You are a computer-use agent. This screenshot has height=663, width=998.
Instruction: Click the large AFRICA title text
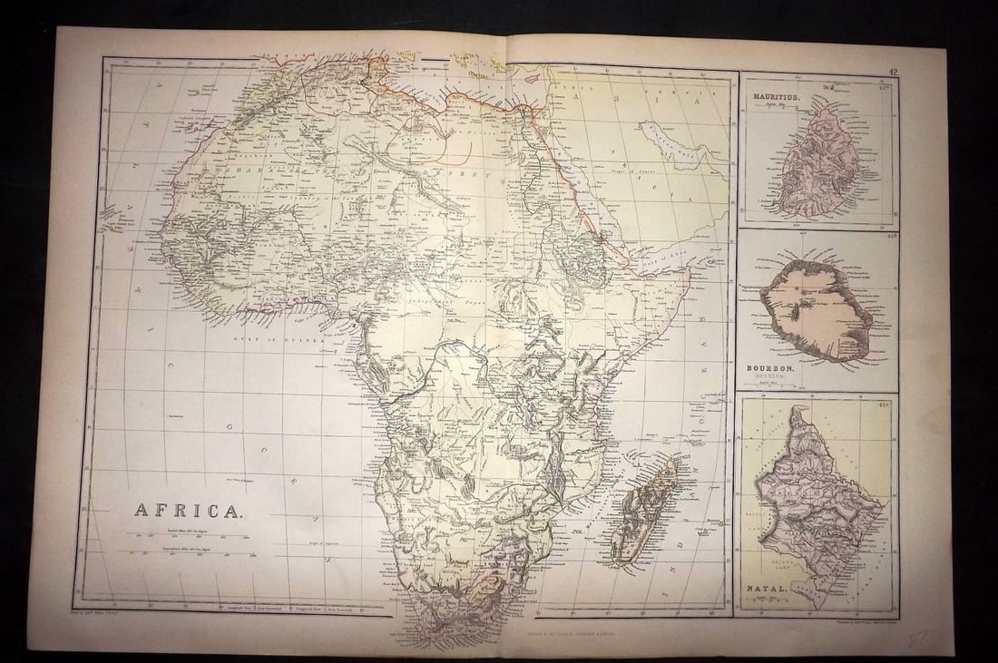pos(188,510)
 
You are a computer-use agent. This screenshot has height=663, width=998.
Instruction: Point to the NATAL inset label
pos(768,590)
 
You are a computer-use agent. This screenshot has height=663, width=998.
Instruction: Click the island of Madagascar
pos(644,512)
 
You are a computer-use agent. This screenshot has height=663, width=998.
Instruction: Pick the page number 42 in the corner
pos(893,70)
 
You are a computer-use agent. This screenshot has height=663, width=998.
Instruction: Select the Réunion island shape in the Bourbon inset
pos(817,310)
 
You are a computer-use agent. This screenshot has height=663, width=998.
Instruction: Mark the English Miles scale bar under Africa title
pos(188,534)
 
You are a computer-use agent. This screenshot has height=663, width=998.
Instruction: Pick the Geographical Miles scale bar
pos(188,552)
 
